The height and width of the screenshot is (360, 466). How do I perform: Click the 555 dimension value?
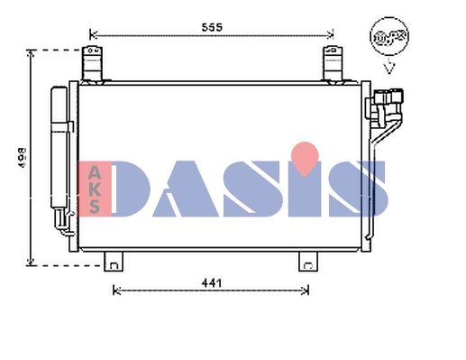click(212, 27)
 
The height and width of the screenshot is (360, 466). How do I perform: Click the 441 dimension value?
click(212, 283)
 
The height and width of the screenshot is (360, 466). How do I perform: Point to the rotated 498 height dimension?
click(22, 157)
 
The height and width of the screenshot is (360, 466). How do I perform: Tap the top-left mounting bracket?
click(92, 64)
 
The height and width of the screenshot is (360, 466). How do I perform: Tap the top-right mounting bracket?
click(333, 64)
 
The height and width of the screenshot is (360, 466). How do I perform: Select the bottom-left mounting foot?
click(114, 262)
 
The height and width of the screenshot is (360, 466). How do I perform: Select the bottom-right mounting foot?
click(308, 262)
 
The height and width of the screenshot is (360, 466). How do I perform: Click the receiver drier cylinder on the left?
click(59, 147)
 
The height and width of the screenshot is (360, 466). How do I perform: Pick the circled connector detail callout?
click(389, 36)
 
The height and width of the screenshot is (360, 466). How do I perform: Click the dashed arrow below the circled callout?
click(389, 66)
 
